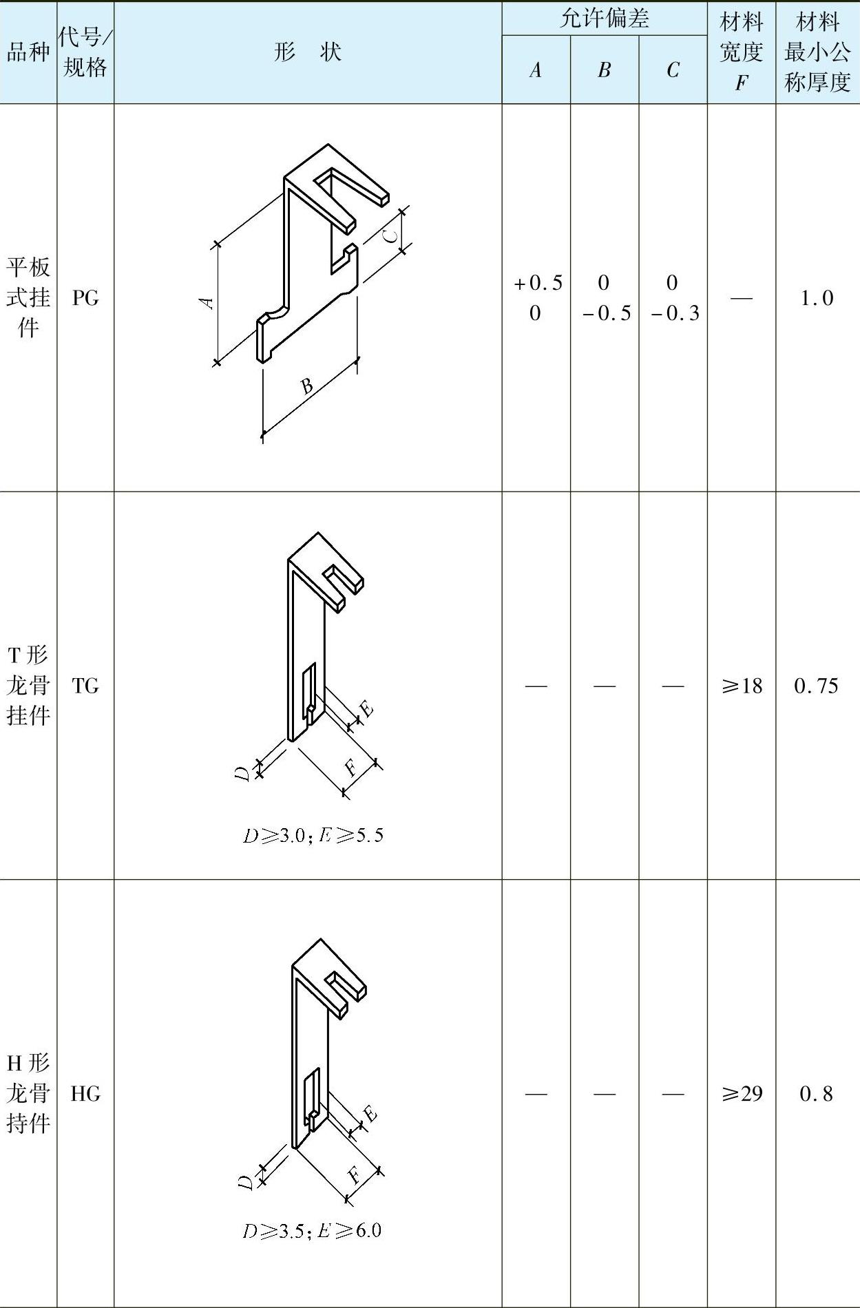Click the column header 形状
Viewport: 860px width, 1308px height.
tap(308, 52)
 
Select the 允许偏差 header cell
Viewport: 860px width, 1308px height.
tap(605, 19)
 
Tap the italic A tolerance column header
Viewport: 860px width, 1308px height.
tap(536, 70)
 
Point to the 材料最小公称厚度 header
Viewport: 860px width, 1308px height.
tap(817, 52)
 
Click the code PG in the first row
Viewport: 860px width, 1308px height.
tap(85, 298)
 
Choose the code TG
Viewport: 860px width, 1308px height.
tap(85, 686)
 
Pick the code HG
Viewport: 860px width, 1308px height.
tap(85, 1093)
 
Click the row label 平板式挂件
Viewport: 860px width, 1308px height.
tap(28, 297)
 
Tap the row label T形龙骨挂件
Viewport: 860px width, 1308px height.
tap(28, 685)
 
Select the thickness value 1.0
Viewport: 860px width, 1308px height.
tap(817, 298)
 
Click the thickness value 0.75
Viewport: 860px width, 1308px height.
tap(817, 686)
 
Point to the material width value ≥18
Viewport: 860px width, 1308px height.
tap(742, 686)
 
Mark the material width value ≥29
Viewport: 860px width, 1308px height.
tap(742, 1093)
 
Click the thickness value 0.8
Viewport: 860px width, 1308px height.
tap(817, 1093)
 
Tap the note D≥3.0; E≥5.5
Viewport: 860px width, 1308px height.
tap(313, 835)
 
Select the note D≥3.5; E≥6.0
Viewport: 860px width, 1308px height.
tap(312, 1230)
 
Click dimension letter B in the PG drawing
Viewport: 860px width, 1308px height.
tap(307, 386)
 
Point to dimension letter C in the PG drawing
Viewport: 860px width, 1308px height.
tap(390, 235)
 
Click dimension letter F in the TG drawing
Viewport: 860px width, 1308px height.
tap(352, 766)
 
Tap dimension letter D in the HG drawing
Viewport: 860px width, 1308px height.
tap(246, 1183)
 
